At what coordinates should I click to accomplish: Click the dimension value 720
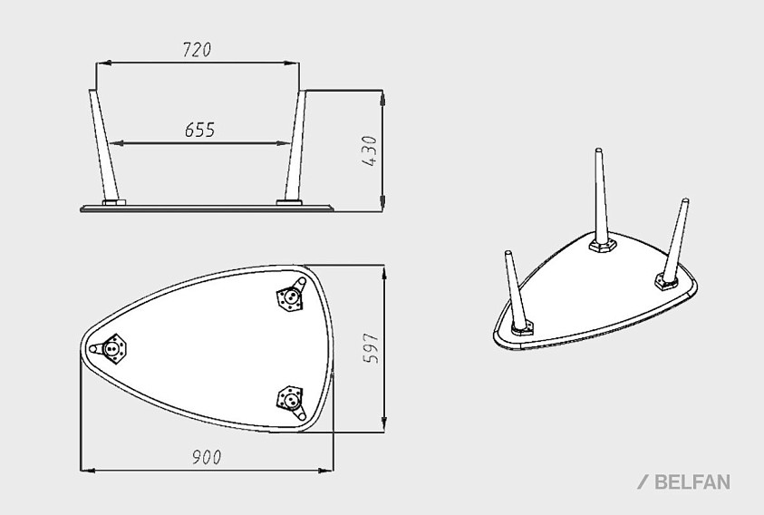[197, 50]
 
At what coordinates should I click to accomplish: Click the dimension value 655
[199, 131]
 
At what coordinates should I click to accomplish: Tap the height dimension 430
[371, 151]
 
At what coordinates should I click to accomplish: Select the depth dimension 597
[372, 348]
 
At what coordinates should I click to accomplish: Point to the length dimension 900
[207, 458]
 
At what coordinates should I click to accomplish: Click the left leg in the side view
[103, 145]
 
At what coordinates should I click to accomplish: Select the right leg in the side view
[295, 145]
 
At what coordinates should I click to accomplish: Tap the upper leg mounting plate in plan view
[290, 296]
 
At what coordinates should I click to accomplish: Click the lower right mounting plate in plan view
[291, 401]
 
